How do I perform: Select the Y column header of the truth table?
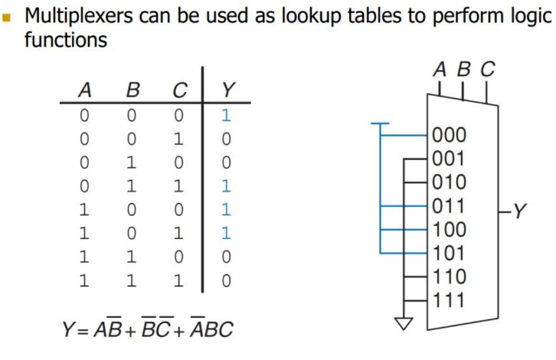click(227, 91)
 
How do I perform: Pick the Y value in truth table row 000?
click(226, 116)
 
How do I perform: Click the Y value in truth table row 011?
click(226, 186)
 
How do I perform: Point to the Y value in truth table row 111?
click(226, 280)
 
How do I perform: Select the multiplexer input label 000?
click(450, 136)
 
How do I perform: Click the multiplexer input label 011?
click(450, 206)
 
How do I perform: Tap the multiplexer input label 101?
click(450, 253)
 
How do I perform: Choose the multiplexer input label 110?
click(450, 277)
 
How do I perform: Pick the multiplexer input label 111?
click(450, 300)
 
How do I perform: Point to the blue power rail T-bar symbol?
click(380, 125)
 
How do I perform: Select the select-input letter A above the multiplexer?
click(439, 70)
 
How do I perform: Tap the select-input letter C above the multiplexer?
click(487, 70)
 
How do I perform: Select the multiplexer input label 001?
click(450, 159)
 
